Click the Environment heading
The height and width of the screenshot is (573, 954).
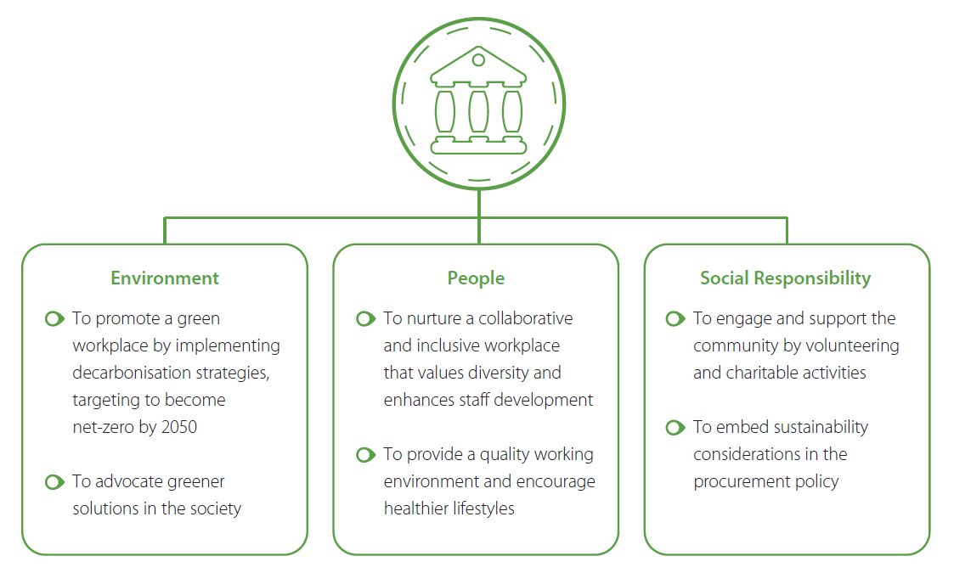(x=164, y=278)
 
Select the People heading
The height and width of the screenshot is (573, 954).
(x=476, y=278)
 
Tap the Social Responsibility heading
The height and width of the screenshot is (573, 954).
(x=785, y=278)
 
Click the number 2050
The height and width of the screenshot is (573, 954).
(x=179, y=427)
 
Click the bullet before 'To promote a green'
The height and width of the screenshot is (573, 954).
(x=54, y=318)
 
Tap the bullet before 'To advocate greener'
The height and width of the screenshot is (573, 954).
(x=54, y=482)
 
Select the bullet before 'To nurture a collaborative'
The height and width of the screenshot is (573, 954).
(x=365, y=318)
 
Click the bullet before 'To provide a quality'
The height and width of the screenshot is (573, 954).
(x=365, y=455)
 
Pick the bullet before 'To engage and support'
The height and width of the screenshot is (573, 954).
(x=675, y=318)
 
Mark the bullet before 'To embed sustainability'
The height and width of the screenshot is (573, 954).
(x=675, y=428)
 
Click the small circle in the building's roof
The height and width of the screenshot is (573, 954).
(x=478, y=60)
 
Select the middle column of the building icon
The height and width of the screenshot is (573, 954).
(x=478, y=112)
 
